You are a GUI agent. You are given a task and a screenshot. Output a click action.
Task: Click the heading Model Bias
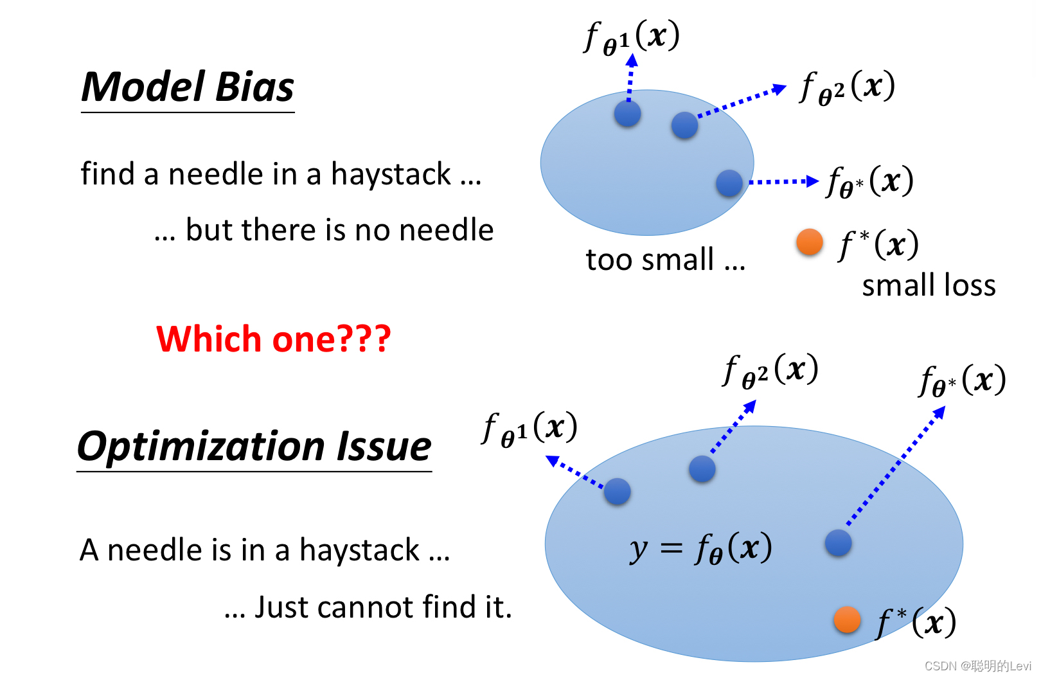click(188, 87)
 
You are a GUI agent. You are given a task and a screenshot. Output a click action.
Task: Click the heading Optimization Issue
click(254, 447)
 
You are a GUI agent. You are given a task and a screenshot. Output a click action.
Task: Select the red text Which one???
click(274, 339)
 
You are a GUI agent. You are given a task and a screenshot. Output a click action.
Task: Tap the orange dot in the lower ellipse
click(847, 620)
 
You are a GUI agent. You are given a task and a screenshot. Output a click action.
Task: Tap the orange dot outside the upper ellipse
click(810, 242)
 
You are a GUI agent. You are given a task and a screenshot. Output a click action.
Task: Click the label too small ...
click(665, 260)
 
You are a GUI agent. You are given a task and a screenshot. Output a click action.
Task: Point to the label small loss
click(929, 285)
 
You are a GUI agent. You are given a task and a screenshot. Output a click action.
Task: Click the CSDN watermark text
click(977, 666)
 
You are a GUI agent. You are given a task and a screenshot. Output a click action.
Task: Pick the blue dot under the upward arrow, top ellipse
click(627, 114)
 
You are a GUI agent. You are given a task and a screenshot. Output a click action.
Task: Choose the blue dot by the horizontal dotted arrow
click(729, 183)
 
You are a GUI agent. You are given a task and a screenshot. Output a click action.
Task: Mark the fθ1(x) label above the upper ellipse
click(632, 37)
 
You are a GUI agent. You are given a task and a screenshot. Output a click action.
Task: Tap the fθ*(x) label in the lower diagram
click(962, 382)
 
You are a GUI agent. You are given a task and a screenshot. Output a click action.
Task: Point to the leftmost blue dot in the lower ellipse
click(617, 492)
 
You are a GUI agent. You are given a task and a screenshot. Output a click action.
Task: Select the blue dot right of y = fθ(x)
click(838, 543)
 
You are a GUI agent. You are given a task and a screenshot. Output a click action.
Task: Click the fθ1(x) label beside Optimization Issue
click(529, 429)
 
